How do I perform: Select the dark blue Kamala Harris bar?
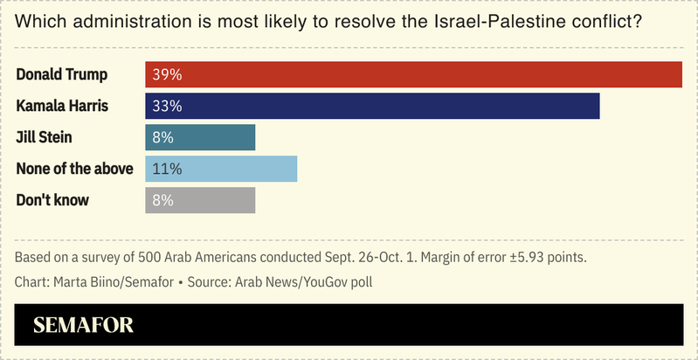pyautogui.click(x=371, y=106)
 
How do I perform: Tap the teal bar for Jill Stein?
pyautogui.click(x=199, y=137)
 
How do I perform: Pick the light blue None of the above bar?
pyautogui.click(x=220, y=169)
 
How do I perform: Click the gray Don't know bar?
pyautogui.click(x=199, y=200)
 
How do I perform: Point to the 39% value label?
pyautogui.click(x=167, y=74)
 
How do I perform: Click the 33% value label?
pyautogui.click(x=167, y=106)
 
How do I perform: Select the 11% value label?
pyautogui.click(x=165, y=169)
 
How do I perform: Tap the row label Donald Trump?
pyautogui.click(x=59, y=74)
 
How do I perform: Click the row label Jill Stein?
pyautogui.click(x=44, y=137)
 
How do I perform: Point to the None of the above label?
pyautogui.click(x=74, y=169)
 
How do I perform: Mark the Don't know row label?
pyautogui.click(x=52, y=200)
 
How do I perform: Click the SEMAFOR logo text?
pyautogui.click(x=83, y=326)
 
